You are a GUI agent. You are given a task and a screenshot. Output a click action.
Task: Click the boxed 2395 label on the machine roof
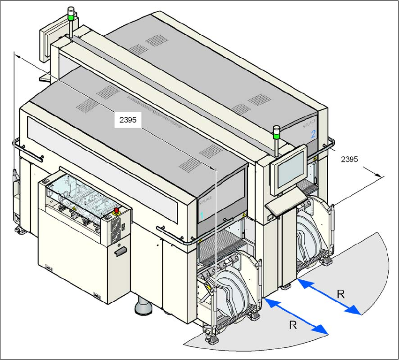[128, 120]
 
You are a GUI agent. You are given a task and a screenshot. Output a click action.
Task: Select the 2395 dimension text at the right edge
[349, 160]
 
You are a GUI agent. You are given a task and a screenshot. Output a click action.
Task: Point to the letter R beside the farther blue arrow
[341, 294]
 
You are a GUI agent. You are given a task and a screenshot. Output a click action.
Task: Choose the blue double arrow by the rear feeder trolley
[329, 296]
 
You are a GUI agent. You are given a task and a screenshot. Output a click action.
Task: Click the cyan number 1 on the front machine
[202, 215]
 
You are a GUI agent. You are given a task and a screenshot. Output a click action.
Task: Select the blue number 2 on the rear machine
[313, 134]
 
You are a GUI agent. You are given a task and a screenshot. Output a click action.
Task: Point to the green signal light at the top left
[71, 17]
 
